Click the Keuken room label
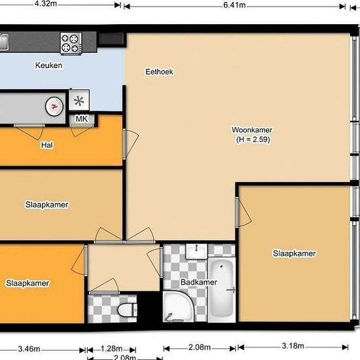48,65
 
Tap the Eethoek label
159,72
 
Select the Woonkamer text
252,130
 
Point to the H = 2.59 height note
253,139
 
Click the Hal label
47,145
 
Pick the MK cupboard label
82,119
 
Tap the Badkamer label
199,282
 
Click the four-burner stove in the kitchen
71,43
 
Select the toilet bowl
127,310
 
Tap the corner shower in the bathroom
178,306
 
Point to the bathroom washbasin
196,251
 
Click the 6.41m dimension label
234,5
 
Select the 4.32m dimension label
46,4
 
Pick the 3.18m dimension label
293,346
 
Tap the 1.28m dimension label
111,349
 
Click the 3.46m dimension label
29,349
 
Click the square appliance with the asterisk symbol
79,100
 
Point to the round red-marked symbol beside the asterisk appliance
54,106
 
